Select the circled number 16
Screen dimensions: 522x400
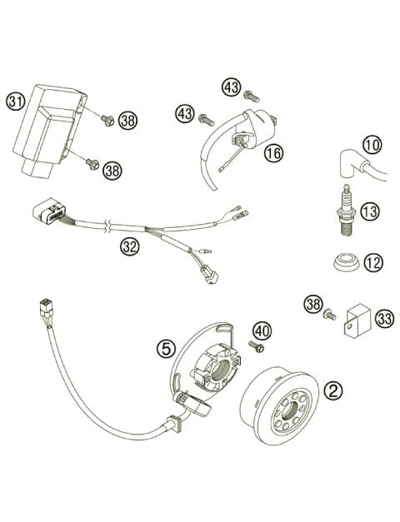[x=273, y=153]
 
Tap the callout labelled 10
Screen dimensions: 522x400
[x=372, y=145]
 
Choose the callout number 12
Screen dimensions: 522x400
[x=372, y=262]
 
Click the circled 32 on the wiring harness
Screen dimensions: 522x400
[x=127, y=246]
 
